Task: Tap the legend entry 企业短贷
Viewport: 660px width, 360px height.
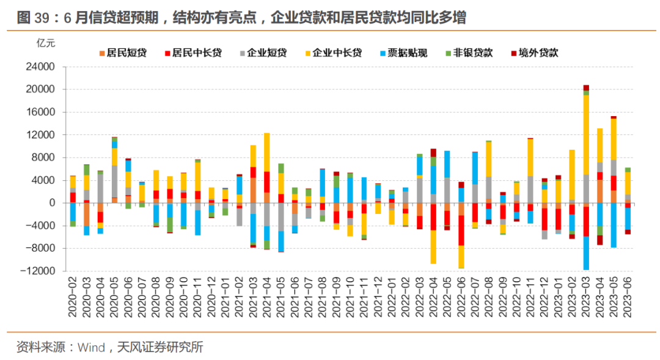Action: [x=266, y=53]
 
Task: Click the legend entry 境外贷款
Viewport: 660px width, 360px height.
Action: [x=538, y=53]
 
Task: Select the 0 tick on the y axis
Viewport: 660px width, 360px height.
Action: [x=52, y=203]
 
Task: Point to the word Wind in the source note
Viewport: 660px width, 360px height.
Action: [x=91, y=348]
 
